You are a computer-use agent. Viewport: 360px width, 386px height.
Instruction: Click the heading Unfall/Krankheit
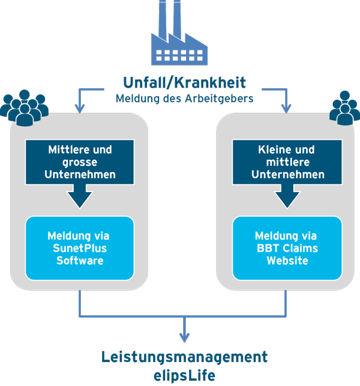click(185, 82)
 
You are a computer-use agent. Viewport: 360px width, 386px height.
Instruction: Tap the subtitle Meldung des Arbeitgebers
click(185, 97)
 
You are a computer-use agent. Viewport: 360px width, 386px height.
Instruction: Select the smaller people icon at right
click(343, 108)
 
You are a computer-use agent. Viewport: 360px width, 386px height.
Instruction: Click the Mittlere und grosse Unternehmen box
click(80, 162)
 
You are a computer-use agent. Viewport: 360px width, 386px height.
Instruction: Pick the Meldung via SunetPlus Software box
click(80, 248)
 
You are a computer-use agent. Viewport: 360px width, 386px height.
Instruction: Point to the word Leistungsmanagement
click(185, 357)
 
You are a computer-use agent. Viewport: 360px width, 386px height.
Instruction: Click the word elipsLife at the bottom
click(185, 375)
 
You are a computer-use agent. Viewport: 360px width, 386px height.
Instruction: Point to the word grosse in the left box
click(80, 162)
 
